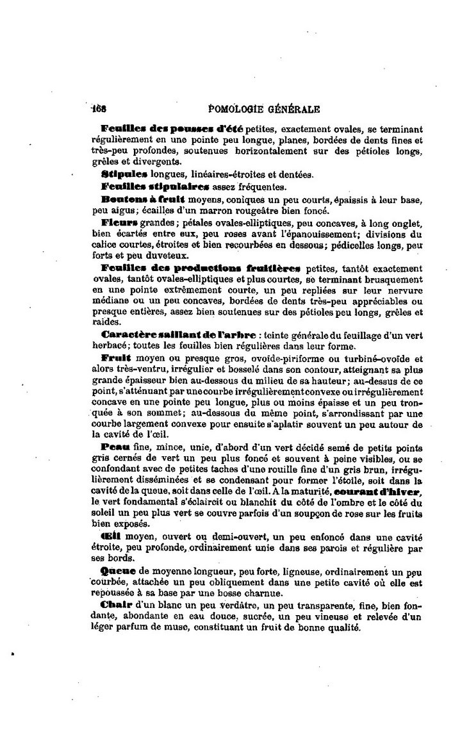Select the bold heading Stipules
pyautogui.click(x=124, y=174)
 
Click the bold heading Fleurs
pyautogui.click(x=120, y=222)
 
